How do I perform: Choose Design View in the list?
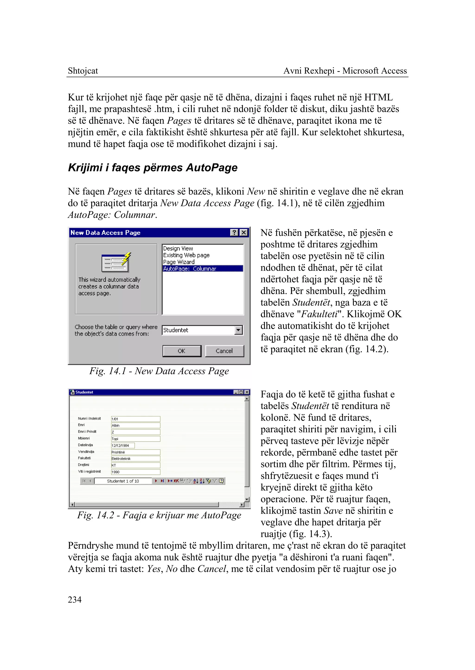tap(178, 248)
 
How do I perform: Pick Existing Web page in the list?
tap(186, 255)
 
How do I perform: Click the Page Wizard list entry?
tap(179, 262)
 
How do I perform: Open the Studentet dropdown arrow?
tap(239, 330)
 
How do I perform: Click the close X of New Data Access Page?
tap(244, 233)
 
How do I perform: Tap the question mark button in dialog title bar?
tap(234, 233)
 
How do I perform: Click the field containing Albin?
tap(135, 425)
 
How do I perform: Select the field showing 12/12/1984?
tap(123, 446)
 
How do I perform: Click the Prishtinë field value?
tap(135, 452)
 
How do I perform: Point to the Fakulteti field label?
tap(84, 458)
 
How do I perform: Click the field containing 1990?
tap(135, 472)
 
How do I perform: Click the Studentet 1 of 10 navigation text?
tap(123, 481)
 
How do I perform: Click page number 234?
tap(75, 600)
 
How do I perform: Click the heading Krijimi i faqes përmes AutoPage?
tap(153, 168)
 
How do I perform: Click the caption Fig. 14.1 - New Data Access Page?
tap(159, 371)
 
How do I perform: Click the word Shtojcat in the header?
tap(83, 71)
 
